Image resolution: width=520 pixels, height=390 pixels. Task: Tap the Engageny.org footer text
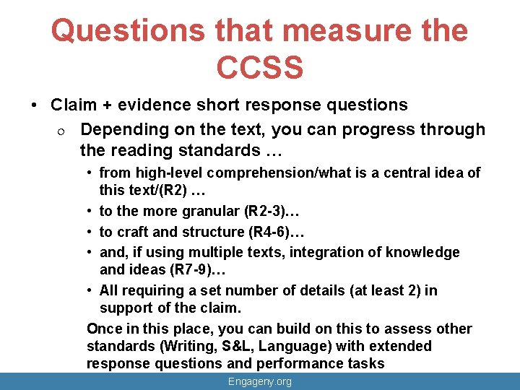(x=259, y=381)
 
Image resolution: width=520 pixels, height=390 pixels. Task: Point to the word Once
(x=104, y=329)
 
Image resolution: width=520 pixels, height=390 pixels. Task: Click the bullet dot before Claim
(x=35, y=105)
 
